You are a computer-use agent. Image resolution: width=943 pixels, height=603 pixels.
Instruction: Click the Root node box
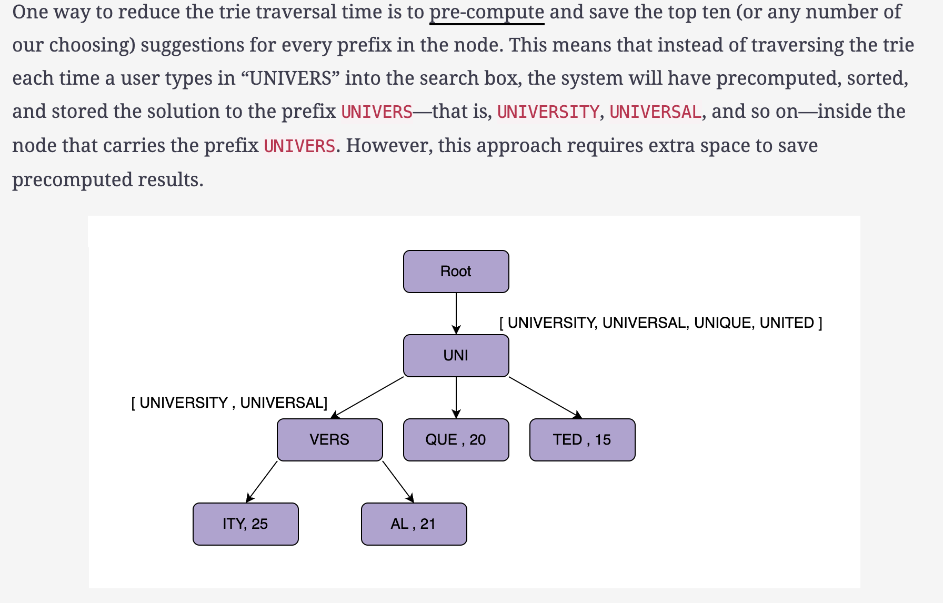(x=456, y=272)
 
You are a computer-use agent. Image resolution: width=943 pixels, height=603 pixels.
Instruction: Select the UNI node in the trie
(x=456, y=356)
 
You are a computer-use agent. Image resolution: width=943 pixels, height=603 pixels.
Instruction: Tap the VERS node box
(x=329, y=440)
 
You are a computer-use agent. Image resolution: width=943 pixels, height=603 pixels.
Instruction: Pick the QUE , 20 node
(x=456, y=440)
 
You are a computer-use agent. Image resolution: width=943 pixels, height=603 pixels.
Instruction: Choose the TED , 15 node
(x=582, y=440)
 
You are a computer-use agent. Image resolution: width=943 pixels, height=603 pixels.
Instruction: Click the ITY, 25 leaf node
(x=245, y=524)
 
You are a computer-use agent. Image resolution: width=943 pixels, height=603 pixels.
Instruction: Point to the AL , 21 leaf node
(x=414, y=524)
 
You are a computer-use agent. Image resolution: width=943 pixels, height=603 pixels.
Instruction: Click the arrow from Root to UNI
(x=456, y=314)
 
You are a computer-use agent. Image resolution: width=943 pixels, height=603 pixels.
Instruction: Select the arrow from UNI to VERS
(x=367, y=398)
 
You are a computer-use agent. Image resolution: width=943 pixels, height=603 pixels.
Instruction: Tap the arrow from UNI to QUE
(x=456, y=398)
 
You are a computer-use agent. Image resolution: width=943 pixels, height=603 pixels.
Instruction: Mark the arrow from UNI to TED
(x=546, y=398)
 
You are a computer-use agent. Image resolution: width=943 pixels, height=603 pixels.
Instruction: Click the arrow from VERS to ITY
(x=262, y=482)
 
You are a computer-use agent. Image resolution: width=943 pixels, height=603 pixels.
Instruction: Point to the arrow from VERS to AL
(x=398, y=482)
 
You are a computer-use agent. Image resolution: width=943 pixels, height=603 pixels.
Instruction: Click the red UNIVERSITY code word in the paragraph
(x=548, y=112)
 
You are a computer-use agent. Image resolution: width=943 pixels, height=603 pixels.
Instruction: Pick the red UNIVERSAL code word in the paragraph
(x=655, y=112)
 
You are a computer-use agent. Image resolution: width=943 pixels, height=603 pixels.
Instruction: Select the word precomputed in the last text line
(x=72, y=180)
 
